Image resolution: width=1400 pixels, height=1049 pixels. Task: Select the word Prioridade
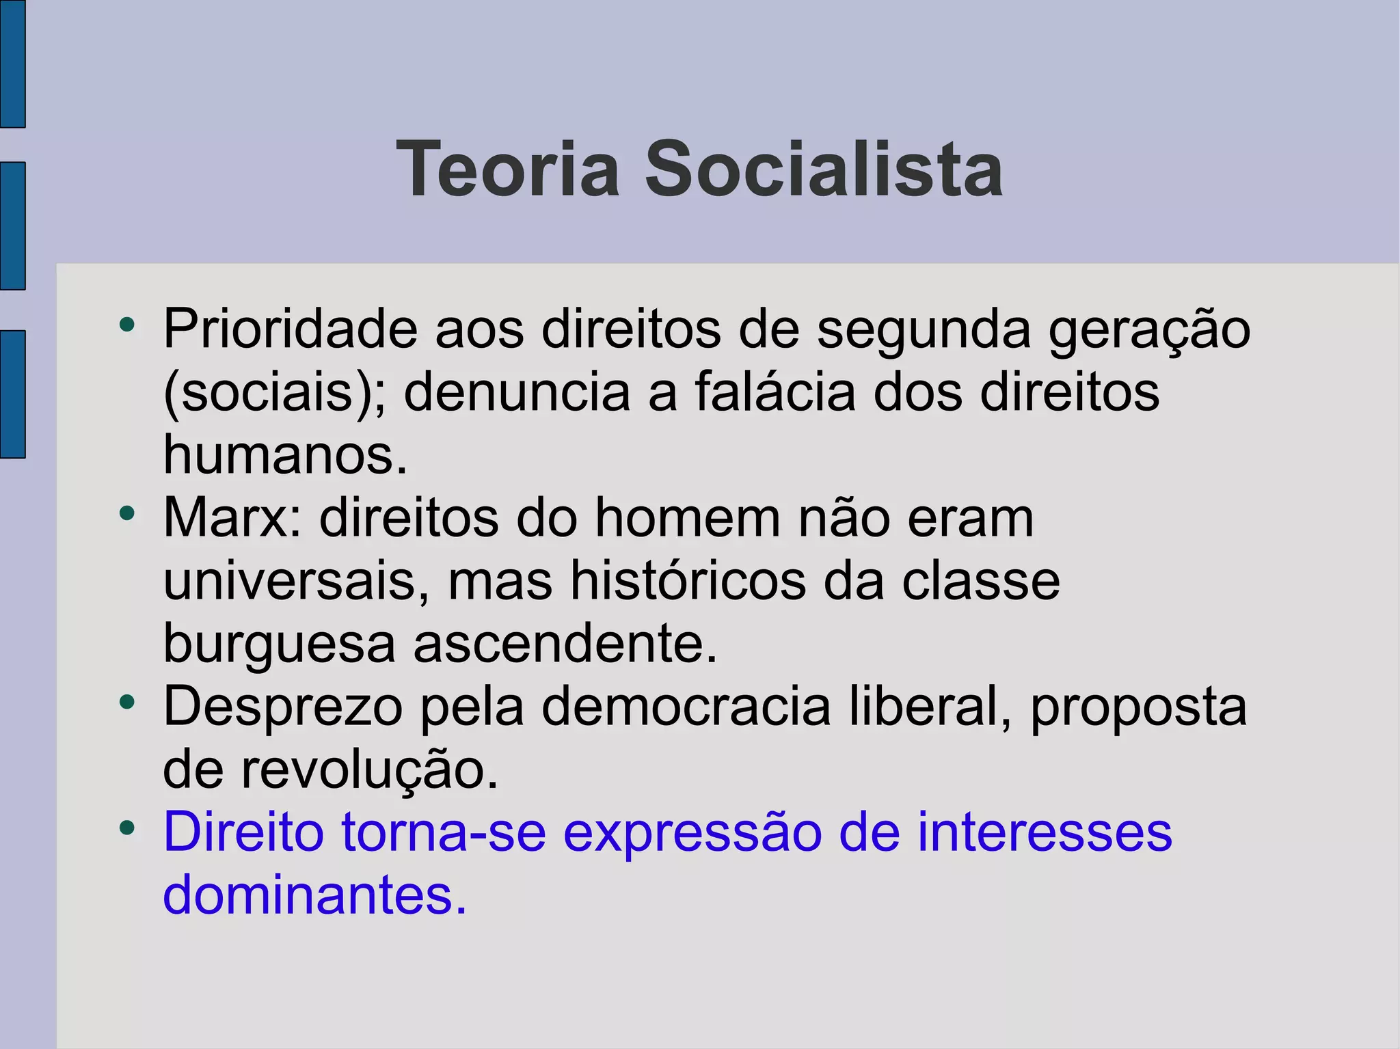[x=290, y=329]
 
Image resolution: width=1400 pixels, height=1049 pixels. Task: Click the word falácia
[x=775, y=392]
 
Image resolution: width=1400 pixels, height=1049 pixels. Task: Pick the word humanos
[x=285, y=455]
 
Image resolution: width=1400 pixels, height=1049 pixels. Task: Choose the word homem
[x=687, y=518]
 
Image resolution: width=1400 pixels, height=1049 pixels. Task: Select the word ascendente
[x=565, y=644]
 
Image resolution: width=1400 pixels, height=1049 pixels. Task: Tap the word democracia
[x=686, y=707]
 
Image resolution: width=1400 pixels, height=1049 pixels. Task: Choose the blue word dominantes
[x=314, y=895]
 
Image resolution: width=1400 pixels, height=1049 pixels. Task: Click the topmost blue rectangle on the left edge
[x=12, y=64]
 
